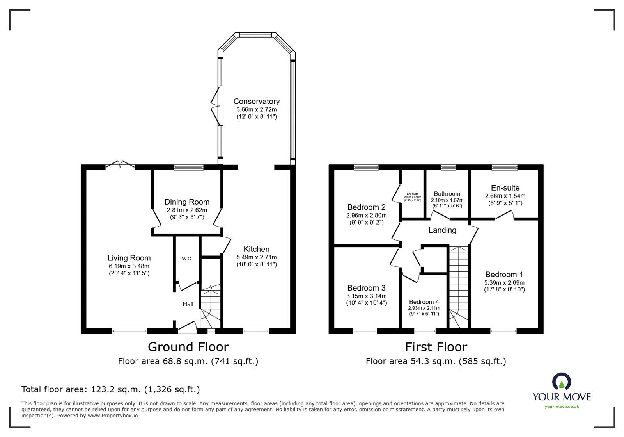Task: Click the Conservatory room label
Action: (x=256, y=102)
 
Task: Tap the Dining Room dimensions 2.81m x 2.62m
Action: (x=187, y=210)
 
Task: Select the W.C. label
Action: (x=187, y=259)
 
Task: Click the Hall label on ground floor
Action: (x=188, y=304)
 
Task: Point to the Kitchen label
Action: (x=256, y=249)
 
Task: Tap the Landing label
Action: (x=442, y=230)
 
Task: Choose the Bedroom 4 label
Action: (x=424, y=302)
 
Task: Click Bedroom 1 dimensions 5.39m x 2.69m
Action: (x=504, y=282)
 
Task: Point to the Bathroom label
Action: (x=447, y=194)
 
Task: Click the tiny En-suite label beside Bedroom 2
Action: (x=412, y=194)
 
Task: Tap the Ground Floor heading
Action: (x=188, y=347)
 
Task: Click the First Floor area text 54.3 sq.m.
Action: (x=436, y=361)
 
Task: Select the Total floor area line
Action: (x=110, y=389)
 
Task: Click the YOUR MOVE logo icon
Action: (x=562, y=382)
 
